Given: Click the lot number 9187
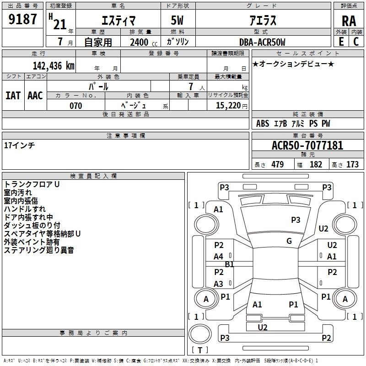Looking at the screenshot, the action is [22, 19].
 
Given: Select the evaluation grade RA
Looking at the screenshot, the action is [349, 21].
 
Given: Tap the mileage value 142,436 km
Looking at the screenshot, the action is [54, 65].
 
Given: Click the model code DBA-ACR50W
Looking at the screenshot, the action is [262, 42].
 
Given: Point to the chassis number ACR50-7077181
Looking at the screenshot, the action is [307, 145].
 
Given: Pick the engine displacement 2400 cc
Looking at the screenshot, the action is [144, 42].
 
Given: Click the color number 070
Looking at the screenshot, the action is [76, 106].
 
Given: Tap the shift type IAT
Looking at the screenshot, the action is [13, 96].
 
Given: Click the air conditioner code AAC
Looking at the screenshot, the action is [35, 96].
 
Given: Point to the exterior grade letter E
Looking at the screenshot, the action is [341, 42].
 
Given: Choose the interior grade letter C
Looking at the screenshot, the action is [356, 42].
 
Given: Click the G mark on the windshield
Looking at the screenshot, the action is [289, 241].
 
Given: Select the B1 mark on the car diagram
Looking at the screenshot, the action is [229, 264].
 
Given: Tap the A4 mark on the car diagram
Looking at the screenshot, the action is [219, 257].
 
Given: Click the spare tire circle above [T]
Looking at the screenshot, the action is [200, 334].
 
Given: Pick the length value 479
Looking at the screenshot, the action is [278, 164].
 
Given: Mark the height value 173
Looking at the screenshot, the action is [352, 164].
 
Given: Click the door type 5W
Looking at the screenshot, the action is [177, 20].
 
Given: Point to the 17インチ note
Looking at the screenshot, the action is [19, 145].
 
